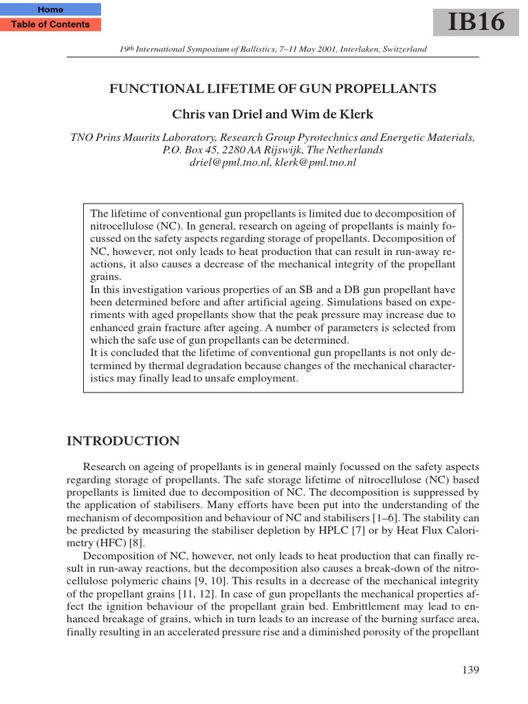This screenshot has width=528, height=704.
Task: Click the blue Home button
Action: coord(50,10)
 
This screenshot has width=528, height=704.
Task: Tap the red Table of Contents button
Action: coord(50,25)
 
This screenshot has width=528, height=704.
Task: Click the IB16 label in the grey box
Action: coord(476,22)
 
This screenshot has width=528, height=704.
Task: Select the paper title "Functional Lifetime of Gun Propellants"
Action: coord(273,89)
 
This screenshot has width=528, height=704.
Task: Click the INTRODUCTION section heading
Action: coord(123,441)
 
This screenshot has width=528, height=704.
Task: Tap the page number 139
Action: coord(470,670)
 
